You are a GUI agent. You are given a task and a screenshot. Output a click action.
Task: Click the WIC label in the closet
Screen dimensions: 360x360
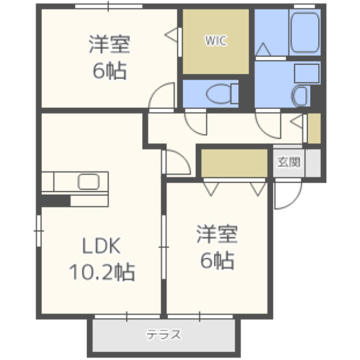215,40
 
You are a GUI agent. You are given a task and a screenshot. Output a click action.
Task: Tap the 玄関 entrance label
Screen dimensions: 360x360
289,162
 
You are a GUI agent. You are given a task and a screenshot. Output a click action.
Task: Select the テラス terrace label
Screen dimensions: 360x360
164,335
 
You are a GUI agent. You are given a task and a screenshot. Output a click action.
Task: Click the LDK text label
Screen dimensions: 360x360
101,246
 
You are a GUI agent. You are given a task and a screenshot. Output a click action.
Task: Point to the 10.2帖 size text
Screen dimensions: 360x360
102,272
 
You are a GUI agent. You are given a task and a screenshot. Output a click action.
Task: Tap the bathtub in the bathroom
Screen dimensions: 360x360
305,33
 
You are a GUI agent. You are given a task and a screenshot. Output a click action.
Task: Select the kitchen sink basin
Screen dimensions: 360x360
89,182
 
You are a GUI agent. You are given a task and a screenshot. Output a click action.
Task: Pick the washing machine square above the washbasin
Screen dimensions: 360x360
307,74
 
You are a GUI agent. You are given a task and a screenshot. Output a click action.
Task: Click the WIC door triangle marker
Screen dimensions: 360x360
171,35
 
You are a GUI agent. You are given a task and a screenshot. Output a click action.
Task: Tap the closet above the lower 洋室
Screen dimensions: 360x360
234,163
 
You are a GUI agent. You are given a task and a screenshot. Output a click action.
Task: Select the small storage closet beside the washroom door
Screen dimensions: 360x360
314,128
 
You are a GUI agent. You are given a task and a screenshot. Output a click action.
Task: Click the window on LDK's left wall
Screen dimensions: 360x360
39,231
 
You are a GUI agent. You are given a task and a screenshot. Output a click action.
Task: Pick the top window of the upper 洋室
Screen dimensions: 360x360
109,6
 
